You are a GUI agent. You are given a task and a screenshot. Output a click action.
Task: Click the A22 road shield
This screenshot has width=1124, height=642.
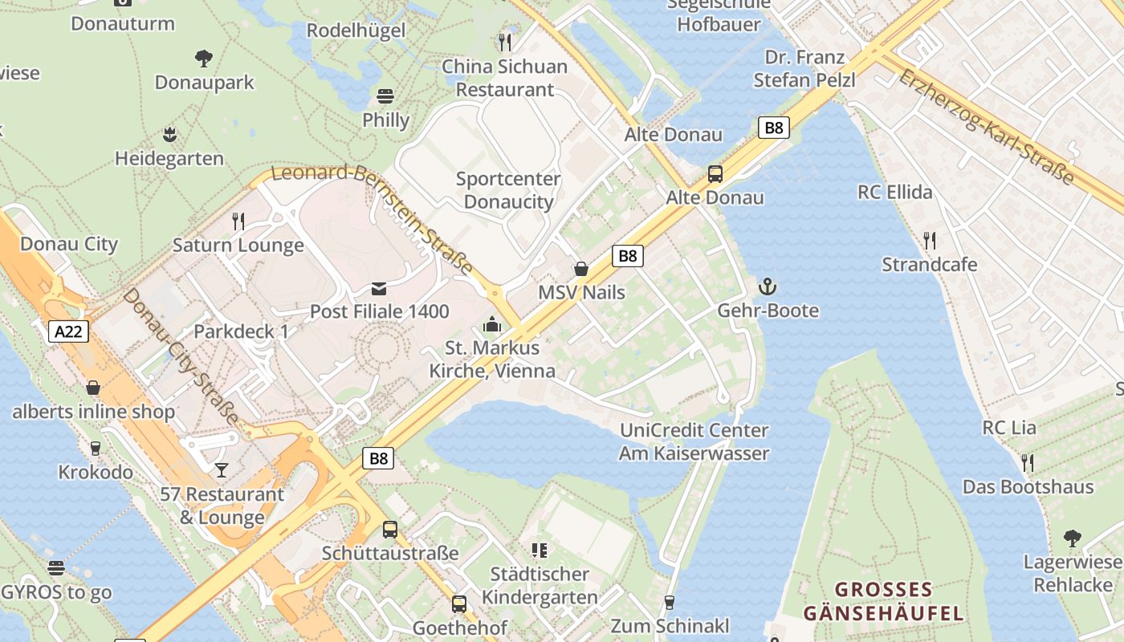pos(68,331)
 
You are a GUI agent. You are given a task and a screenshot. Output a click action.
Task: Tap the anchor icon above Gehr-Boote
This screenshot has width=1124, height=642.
pos(768,286)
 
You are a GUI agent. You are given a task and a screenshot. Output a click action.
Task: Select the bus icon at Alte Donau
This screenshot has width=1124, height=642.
pos(715,173)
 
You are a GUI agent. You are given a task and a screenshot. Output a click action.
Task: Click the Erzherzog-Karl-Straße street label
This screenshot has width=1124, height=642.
pos(986,127)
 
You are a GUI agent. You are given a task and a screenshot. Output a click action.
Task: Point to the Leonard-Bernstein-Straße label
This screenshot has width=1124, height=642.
pos(372,217)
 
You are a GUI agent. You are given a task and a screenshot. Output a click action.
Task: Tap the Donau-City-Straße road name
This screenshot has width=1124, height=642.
pos(181,357)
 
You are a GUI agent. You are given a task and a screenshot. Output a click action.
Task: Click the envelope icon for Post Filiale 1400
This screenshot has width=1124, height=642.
pos(379,288)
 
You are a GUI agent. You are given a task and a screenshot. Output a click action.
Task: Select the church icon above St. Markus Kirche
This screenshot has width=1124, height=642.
pos(491,324)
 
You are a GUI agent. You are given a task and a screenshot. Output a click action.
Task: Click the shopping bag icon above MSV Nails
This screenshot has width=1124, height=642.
pos(581,269)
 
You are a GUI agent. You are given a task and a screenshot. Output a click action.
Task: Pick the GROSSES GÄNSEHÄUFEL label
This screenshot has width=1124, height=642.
pos(883,602)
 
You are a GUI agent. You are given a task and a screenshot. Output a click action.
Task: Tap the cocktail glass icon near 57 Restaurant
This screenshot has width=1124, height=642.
pos(222,469)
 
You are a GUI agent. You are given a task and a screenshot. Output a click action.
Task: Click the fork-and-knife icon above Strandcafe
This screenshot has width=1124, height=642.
pos(929,240)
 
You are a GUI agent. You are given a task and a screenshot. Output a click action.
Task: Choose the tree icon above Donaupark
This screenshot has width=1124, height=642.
pos(204,58)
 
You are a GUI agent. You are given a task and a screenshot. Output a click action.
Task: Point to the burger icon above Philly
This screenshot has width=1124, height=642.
pos(385,96)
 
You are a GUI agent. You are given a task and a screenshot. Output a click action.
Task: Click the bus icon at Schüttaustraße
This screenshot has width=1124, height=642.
pos(390,529)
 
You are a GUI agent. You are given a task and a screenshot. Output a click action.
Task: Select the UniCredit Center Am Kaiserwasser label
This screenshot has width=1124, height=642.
pos(694,442)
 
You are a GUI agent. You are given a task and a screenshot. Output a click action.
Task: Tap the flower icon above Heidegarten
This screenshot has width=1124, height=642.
pos(169,134)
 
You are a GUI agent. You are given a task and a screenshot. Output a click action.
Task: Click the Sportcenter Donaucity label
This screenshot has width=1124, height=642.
pos(508,190)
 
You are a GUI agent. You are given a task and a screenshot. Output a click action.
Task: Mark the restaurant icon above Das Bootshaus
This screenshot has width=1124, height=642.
pos(1027,462)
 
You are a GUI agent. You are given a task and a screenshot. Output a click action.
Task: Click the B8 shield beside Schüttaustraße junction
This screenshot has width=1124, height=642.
pos(379,458)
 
